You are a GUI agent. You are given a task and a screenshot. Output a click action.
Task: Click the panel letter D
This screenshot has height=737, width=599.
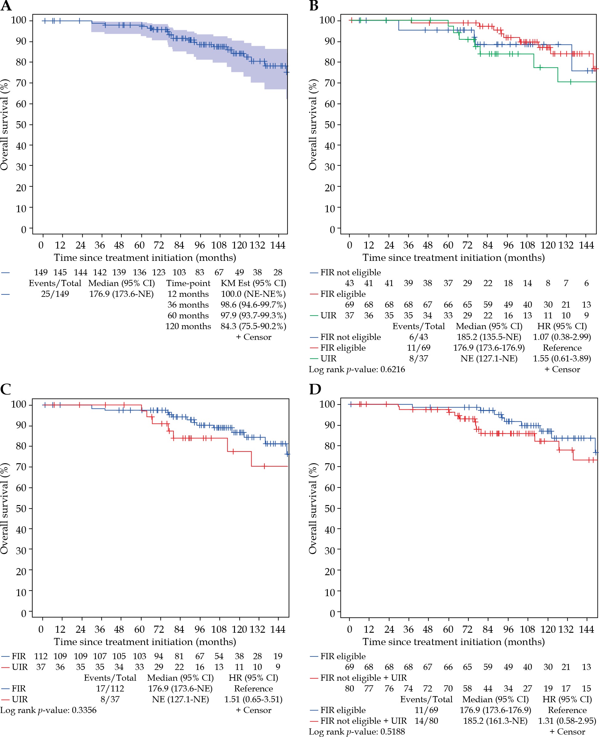[x=315, y=389]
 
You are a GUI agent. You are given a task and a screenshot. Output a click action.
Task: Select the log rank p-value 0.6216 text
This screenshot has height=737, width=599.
[x=357, y=369]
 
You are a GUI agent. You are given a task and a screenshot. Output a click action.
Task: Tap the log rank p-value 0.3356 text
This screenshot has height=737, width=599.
[x=48, y=710]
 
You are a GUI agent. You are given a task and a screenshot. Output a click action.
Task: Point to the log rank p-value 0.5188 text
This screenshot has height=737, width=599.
[x=357, y=731]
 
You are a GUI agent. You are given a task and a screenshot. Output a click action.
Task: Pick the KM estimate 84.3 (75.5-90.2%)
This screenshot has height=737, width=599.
[x=253, y=326]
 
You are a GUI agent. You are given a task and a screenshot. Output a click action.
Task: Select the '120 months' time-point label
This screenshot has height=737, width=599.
[x=188, y=326]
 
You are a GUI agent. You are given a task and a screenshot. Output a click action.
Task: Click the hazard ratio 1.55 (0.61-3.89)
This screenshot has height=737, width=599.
[x=562, y=358]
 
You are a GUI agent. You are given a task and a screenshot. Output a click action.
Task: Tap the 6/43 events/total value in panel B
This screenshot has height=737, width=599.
[x=418, y=337]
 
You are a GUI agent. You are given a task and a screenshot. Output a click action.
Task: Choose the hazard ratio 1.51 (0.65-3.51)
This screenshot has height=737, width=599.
[x=253, y=699]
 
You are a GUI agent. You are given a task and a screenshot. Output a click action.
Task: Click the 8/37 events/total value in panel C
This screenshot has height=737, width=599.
[x=110, y=699]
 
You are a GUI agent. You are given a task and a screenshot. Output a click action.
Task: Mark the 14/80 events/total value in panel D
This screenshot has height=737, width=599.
[x=426, y=721]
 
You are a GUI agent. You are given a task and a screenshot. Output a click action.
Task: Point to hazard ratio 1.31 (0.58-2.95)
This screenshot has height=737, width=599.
[x=567, y=721]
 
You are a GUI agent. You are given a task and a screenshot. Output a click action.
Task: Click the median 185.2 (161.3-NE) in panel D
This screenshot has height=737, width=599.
[x=495, y=721]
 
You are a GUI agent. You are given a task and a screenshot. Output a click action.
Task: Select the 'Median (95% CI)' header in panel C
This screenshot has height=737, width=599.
[x=180, y=678]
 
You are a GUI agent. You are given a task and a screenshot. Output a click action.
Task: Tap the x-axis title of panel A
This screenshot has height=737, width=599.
[x=145, y=257]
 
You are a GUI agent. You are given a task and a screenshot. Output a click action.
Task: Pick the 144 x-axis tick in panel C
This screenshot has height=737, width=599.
[x=278, y=629]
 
